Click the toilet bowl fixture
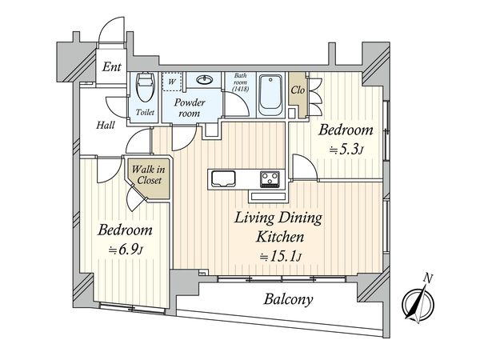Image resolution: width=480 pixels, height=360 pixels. [x=145, y=87]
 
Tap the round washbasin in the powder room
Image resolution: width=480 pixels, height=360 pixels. [x=205, y=80]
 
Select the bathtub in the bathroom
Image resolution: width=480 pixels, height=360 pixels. [x=270, y=95]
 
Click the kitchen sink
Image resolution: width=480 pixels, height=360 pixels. [x=224, y=178]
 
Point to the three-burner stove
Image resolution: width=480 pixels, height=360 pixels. [x=270, y=178]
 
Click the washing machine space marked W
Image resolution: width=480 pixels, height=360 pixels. [x=172, y=82]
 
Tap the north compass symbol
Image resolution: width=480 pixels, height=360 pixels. [x=418, y=302]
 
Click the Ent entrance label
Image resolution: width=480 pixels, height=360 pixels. [x=111, y=66]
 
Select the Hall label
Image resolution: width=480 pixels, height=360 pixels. [x=106, y=125]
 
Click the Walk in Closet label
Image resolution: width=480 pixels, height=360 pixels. [x=149, y=174]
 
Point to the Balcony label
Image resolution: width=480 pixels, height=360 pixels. [x=288, y=299]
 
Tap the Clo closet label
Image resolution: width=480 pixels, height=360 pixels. [x=298, y=90]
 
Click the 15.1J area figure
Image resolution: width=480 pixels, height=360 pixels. [x=281, y=257]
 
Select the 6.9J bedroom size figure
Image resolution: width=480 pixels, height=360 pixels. [x=126, y=250]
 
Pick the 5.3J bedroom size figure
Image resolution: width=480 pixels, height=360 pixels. [x=346, y=150]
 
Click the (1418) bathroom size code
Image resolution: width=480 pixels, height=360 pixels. [x=240, y=89]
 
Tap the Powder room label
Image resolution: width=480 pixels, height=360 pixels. [x=190, y=107]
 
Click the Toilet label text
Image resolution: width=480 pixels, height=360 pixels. [x=145, y=112]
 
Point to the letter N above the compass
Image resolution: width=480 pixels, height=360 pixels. [x=428, y=278]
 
